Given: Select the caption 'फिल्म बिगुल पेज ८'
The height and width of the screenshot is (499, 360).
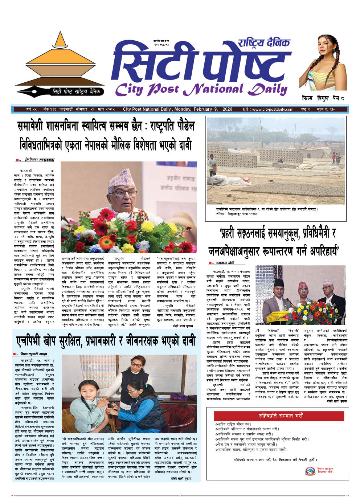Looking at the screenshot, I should pyautogui.click(x=323, y=98).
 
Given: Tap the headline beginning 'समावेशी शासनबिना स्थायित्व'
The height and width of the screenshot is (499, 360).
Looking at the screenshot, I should pyautogui.click(x=106, y=126).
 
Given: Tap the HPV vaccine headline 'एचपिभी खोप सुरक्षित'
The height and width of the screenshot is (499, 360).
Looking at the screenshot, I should pyautogui.click(x=106, y=341).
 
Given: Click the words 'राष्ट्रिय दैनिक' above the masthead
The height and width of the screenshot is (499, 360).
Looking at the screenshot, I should pyautogui.click(x=264, y=43).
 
